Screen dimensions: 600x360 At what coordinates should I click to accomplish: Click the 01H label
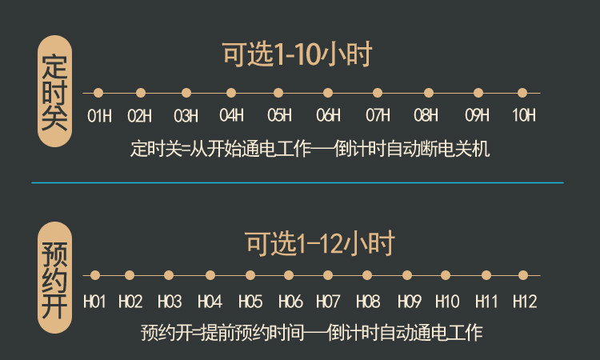(x=99, y=115)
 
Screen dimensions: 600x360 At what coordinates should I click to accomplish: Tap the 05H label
(x=279, y=115)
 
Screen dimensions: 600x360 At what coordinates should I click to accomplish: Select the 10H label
(x=524, y=115)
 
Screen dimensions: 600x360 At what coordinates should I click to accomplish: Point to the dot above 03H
(x=186, y=93)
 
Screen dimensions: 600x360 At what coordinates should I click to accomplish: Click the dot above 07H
(x=378, y=93)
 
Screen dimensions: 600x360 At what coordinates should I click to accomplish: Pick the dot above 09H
(x=478, y=93)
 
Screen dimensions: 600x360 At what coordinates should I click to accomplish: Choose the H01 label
(x=94, y=302)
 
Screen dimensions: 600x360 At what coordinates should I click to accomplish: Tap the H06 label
(x=290, y=302)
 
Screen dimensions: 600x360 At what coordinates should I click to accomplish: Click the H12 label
(x=525, y=302)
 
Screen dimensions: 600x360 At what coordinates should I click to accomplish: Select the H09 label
(x=410, y=302)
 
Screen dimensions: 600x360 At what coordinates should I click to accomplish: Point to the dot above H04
(x=210, y=275)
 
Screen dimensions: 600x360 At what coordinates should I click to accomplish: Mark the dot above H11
(x=486, y=275)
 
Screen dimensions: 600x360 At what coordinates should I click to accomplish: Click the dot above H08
(x=367, y=275)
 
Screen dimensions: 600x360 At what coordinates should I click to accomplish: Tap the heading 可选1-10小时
(x=297, y=54)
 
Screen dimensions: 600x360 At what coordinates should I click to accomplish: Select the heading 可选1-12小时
(x=320, y=244)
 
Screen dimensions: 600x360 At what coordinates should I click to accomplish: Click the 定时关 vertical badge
(x=54, y=91)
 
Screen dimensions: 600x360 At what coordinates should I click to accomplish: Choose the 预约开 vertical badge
(x=54, y=278)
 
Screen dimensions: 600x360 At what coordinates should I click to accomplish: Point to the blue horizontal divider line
(x=298, y=183)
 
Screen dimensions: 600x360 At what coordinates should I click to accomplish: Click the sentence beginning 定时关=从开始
(x=310, y=149)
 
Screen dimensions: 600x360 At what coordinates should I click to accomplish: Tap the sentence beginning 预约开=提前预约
(x=311, y=333)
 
